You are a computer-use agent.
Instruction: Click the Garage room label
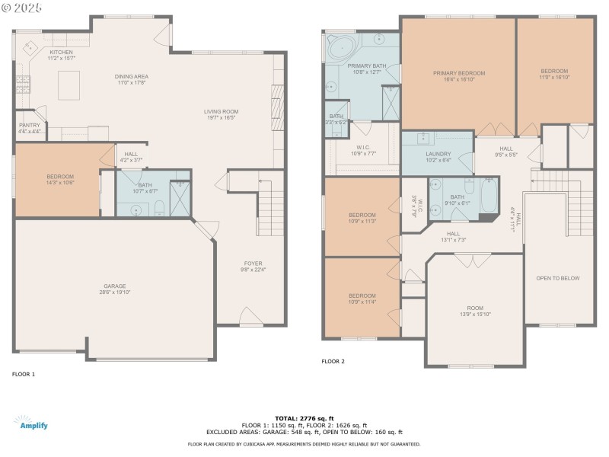[x=114, y=289]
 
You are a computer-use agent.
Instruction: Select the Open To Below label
[x=558, y=278]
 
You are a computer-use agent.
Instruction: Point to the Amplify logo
[x=31, y=423]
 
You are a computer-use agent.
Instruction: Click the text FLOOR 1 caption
[x=24, y=374]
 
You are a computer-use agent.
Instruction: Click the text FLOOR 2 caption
[x=333, y=361]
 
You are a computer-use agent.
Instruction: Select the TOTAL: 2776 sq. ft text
[x=304, y=418]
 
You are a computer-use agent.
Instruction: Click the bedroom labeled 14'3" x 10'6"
[x=60, y=180]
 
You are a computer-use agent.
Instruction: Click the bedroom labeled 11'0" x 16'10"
[x=555, y=73]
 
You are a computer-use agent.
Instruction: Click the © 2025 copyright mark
[x=22, y=8]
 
